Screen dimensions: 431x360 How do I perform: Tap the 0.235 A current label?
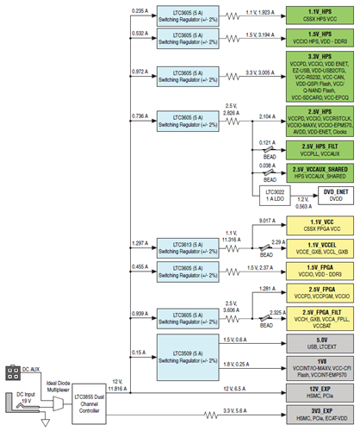pyautogui.click(x=140, y=10)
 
